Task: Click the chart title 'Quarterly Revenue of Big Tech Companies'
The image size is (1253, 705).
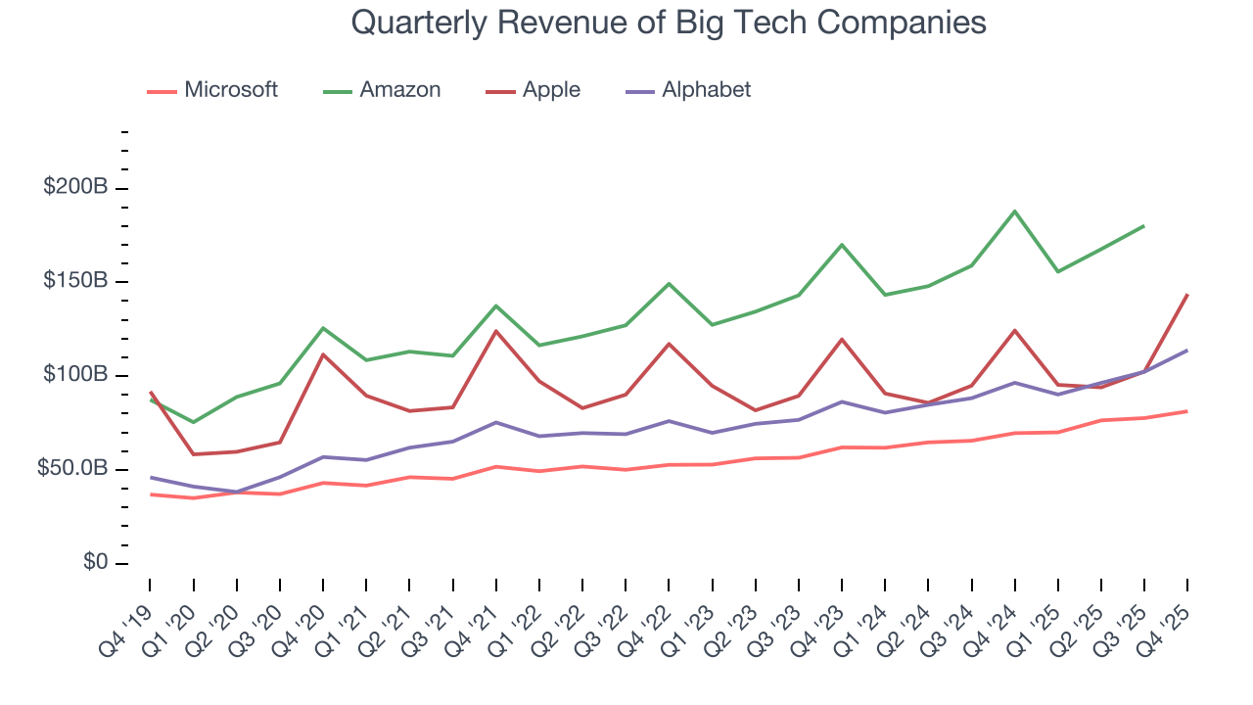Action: pos(668,23)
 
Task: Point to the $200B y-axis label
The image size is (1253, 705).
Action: pos(75,188)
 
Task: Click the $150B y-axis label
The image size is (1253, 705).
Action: pos(75,282)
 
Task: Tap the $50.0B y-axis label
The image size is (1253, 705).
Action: pos(72,470)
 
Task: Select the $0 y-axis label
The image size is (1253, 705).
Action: pos(94,563)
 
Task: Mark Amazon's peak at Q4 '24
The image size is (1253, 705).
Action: pos(1015,211)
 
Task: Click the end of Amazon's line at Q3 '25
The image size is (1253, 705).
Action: pos(1144,226)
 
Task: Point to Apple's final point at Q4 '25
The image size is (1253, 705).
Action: pos(1187,295)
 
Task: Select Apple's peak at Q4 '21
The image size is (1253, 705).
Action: pos(496,331)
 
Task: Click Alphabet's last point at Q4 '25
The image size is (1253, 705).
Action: pos(1187,351)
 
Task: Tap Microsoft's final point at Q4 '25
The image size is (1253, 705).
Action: pos(1187,411)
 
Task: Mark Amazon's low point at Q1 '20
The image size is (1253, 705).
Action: pos(193,422)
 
